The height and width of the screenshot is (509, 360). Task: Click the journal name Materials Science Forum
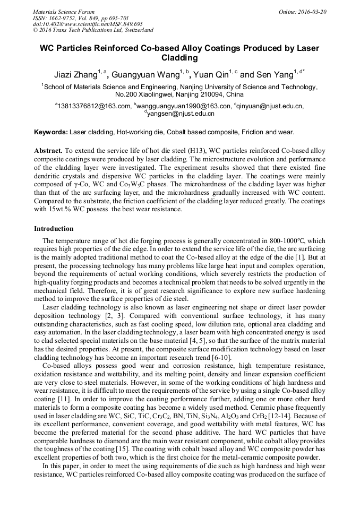[x=64, y=12]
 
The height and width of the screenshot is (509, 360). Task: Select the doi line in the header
[x=88, y=24]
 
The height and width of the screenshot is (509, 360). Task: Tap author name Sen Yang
[x=271, y=75]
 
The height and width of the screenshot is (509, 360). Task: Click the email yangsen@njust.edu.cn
[x=181, y=113]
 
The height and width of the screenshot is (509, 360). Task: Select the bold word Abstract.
[x=48, y=151]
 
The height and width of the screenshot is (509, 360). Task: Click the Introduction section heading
[x=54, y=229]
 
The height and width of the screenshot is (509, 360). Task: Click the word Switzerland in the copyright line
[x=137, y=30]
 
